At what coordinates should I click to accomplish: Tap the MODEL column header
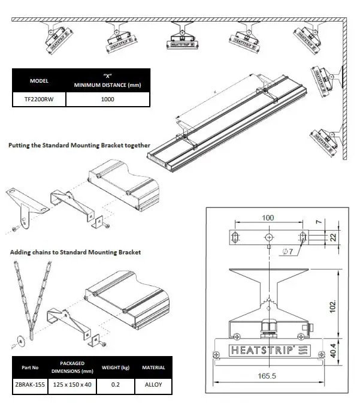pos(39,80)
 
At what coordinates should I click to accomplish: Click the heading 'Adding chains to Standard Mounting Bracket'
pos(75,252)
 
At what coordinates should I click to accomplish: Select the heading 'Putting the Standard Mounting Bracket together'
pos(79,145)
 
